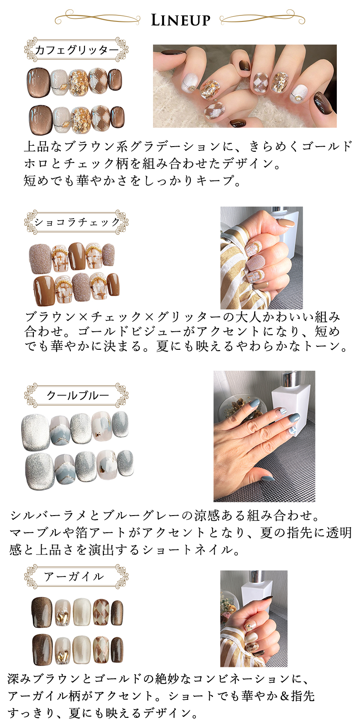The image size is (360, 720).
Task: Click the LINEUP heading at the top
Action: tap(180, 20)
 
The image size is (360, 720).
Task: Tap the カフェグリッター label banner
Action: tap(76, 50)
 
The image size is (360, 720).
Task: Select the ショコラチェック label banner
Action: tap(76, 222)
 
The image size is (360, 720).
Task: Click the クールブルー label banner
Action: tap(76, 395)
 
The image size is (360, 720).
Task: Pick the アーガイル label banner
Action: tap(76, 577)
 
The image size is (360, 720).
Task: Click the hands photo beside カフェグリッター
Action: tap(245, 86)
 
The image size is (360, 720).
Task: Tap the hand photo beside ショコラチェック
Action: tap(261, 258)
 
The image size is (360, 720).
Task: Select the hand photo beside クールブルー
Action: tap(264, 436)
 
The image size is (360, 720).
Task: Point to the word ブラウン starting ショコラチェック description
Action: tap(51, 317)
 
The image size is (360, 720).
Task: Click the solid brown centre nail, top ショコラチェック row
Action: tap(77, 256)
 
